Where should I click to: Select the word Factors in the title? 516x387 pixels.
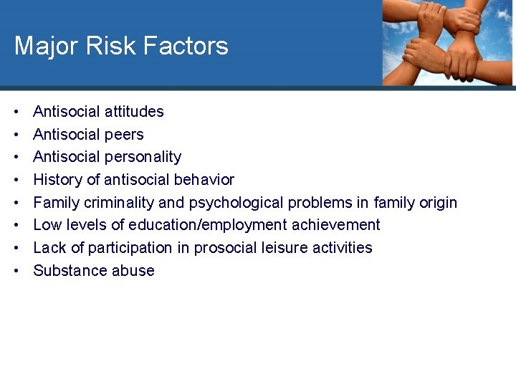coord(184,47)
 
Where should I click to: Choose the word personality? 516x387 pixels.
coord(143,157)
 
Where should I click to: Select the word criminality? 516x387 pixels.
coord(117,203)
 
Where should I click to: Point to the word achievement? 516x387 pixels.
coord(336,225)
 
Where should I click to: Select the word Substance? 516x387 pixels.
coord(67,271)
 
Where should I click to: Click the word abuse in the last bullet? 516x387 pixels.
coord(135,271)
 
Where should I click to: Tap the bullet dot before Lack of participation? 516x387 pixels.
coord(16,248)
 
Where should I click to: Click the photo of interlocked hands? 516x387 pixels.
coord(447,43)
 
